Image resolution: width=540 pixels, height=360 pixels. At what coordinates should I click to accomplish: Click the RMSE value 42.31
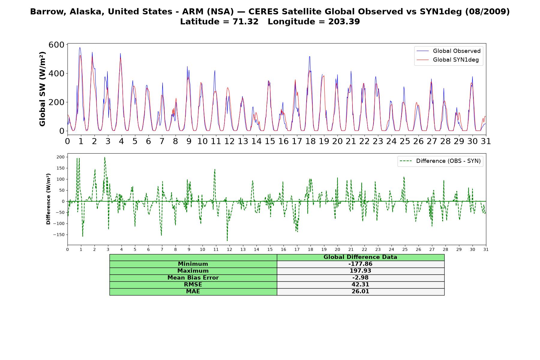360,285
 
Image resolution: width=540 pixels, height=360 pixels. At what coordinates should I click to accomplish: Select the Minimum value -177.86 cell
360,264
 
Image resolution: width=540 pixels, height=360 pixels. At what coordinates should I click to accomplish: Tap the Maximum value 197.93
360,271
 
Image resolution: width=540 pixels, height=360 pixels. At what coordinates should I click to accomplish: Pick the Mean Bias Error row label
193,278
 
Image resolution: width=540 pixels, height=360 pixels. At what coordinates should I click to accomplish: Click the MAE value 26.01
360,292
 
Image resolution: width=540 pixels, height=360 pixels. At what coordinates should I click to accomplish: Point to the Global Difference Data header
360,257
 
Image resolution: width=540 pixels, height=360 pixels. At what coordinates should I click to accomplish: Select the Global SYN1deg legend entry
448,60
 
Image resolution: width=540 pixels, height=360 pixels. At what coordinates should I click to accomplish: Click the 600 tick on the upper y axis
56,45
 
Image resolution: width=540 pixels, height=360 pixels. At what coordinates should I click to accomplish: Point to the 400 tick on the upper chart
56,73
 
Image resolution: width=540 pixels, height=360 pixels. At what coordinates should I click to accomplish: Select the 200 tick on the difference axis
60,157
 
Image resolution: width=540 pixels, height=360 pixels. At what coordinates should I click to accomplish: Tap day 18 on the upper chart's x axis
310,141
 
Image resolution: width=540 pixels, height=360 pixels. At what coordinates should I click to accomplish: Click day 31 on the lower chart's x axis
486,250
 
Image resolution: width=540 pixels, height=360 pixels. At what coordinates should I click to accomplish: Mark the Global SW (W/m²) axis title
42,89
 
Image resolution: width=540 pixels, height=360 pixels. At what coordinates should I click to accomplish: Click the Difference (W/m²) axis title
48,199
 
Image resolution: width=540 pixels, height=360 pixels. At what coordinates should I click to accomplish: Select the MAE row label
193,292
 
